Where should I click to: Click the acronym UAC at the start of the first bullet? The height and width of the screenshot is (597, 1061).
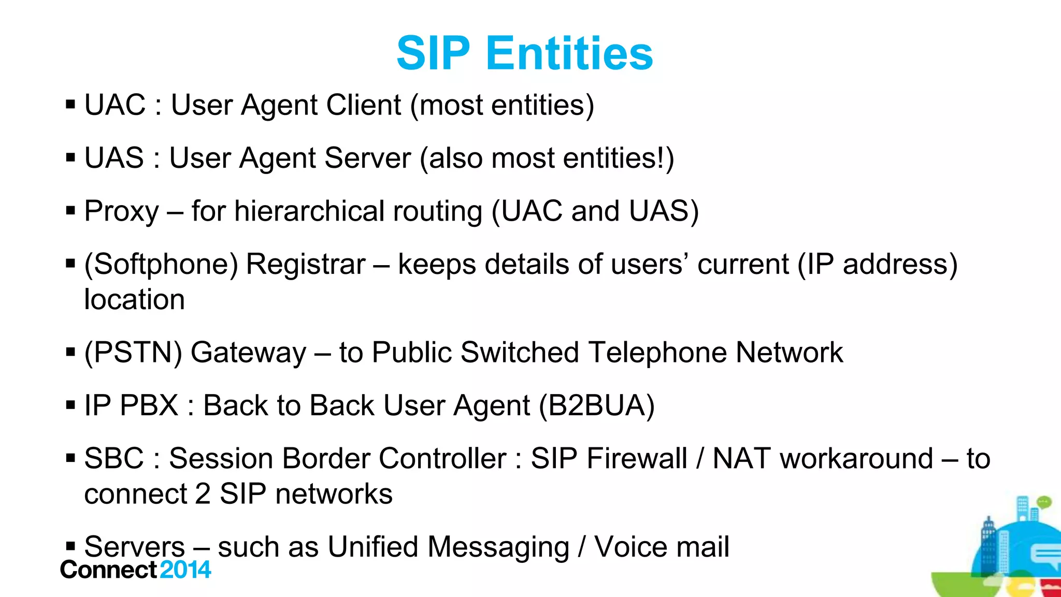tap(115, 105)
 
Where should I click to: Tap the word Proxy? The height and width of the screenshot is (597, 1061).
tap(121, 212)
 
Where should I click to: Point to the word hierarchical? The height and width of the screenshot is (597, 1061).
tap(309, 211)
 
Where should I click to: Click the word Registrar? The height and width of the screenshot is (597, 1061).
tap(306, 264)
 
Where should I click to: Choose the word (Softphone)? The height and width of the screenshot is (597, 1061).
tap(161, 265)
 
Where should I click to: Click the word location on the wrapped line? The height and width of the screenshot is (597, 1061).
tap(134, 299)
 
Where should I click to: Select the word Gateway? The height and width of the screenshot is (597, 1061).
tap(249, 353)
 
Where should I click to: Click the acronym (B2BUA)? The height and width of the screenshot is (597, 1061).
tap(597, 405)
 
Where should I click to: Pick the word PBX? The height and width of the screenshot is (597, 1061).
tap(149, 405)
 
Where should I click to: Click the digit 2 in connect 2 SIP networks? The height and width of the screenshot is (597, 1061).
tap(203, 494)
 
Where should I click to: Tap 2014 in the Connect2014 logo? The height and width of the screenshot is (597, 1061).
tap(185, 570)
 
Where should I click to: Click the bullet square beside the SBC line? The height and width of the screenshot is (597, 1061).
tap(71, 458)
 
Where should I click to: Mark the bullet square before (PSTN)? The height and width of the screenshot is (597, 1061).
tap(71, 353)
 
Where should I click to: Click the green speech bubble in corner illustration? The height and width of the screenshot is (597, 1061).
tap(1044, 501)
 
